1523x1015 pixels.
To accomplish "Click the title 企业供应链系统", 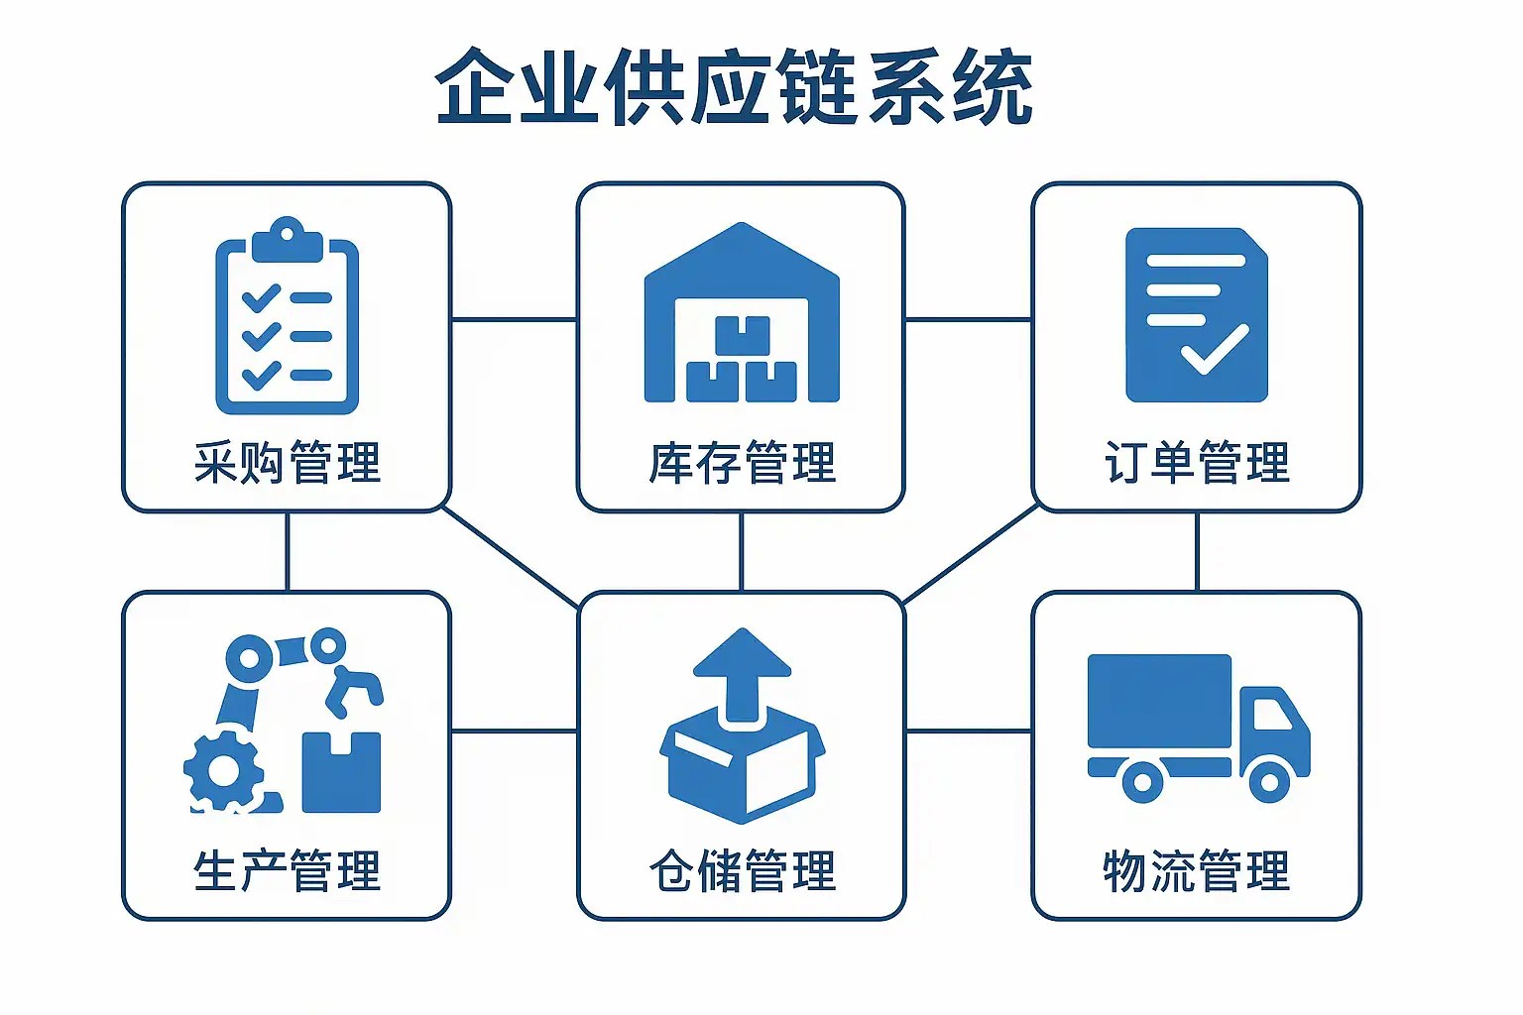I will [734, 87].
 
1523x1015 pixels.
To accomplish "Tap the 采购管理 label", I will [288, 463].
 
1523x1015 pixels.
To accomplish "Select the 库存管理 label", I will [742, 463].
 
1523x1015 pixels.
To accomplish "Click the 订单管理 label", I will [1197, 463].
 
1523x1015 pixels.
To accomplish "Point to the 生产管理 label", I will [288, 871].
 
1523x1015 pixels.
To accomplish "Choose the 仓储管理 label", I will [742, 871].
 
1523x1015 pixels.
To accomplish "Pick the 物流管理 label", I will [1197, 871].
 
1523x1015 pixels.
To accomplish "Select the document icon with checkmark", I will [1197, 315].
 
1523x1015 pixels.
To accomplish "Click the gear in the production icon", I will [224, 771].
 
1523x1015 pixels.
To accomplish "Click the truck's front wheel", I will [1269, 781].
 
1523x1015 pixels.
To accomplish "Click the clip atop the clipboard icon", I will [287, 238].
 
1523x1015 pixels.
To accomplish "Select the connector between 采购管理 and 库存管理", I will [514, 319].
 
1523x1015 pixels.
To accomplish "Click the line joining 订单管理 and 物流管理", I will [1197, 551].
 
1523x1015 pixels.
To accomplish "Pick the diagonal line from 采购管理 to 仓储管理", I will [511, 557].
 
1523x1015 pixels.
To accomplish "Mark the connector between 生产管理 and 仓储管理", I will [514, 732].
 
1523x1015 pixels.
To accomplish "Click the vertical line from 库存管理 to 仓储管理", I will [741, 551].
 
